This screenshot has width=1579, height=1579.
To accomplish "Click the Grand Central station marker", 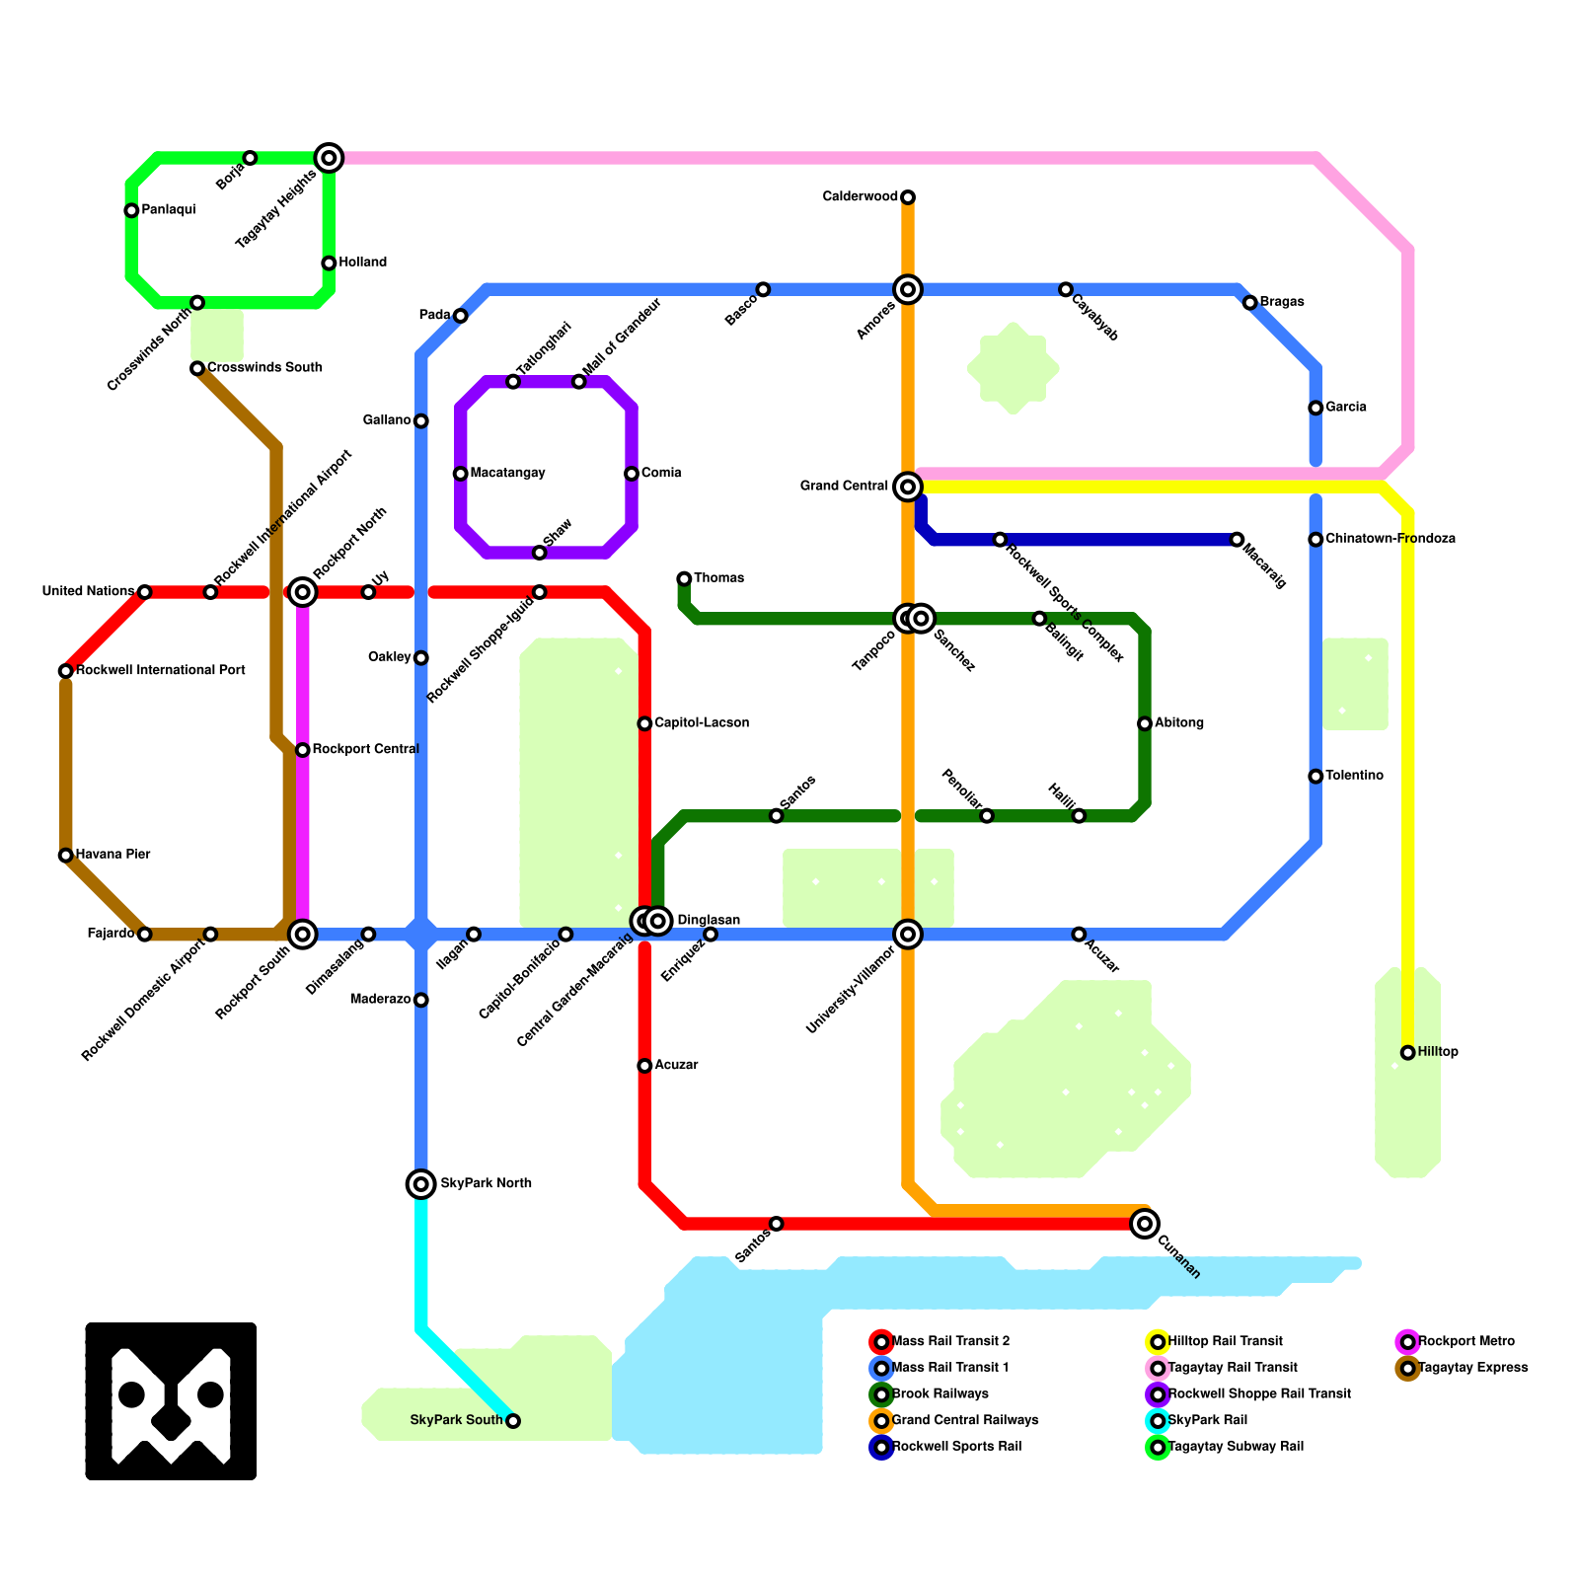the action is [x=908, y=487].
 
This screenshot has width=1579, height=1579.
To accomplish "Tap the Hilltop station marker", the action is [x=1407, y=1053].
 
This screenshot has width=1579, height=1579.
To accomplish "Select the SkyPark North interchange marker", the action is [x=421, y=1184].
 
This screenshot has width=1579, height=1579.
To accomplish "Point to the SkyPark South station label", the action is [x=456, y=1420].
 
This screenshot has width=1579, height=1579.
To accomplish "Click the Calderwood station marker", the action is [x=908, y=197].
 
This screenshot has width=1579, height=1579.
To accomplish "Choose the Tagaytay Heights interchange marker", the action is [x=329, y=158].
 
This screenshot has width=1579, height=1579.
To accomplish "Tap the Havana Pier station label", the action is [x=113, y=855].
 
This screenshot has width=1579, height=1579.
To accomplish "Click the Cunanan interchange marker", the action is [x=1145, y=1224].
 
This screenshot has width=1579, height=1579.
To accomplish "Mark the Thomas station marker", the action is [x=684, y=578].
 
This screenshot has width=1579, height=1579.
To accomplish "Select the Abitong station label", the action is [x=1179, y=723].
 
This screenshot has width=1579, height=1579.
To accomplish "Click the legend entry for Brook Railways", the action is [x=940, y=1394].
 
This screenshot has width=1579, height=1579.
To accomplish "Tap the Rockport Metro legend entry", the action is [x=1466, y=1342].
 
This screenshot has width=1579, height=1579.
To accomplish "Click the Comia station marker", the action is [x=632, y=474].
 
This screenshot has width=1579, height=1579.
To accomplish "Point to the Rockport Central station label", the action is [x=365, y=750].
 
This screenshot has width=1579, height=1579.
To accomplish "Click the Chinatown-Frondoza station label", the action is [x=1390, y=539].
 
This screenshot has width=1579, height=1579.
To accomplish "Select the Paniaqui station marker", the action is [x=131, y=210].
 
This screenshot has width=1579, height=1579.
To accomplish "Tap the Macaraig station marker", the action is [x=1237, y=539].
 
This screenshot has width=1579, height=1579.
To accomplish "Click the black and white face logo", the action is [x=171, y=1401].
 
